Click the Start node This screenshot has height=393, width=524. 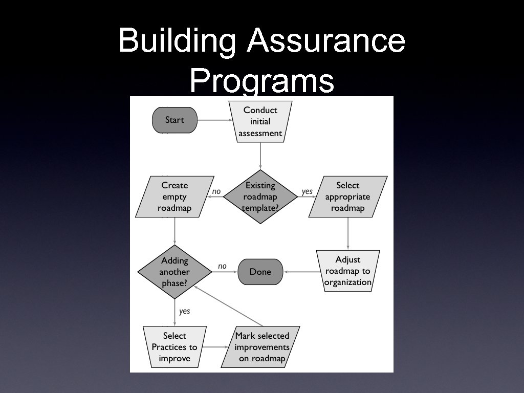point(174,120)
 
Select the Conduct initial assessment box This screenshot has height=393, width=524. point(260,122)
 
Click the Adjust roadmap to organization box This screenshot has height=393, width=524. point(348,271)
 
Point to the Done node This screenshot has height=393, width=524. point(260,272)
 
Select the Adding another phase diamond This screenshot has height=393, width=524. point(175,272)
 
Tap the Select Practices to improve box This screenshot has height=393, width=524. point(174,347)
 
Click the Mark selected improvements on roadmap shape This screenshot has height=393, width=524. point(262,347)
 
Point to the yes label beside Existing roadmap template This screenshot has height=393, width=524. point(307,191)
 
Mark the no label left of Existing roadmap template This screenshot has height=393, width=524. point(216,191)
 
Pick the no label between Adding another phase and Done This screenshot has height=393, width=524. point(222,266)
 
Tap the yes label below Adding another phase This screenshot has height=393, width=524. point(185,311)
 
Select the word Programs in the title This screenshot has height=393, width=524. point(261,80)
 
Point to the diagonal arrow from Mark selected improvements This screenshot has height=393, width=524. point(228,305)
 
